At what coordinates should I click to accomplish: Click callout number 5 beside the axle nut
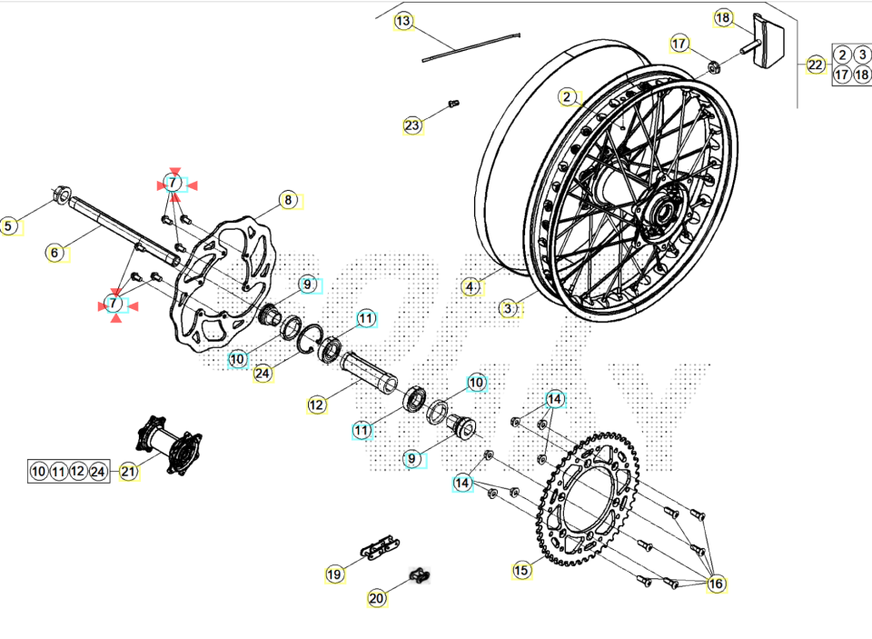point(9,226)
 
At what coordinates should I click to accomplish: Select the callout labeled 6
point(55,253)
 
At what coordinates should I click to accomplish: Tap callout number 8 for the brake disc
point(288,200)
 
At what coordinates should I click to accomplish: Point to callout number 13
point(403,21)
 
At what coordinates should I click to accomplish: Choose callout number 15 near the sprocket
point(520,570)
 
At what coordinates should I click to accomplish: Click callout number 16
point(716,584)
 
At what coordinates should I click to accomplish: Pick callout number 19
point(335,574)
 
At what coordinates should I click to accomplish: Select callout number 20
point(377,597)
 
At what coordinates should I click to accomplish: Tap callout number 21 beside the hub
point(128,471)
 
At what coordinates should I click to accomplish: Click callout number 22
point(815,65)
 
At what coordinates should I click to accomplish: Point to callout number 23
point(413,125)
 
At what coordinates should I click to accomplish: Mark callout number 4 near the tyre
point(470,287)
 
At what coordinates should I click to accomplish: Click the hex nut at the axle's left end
point(61,194)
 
